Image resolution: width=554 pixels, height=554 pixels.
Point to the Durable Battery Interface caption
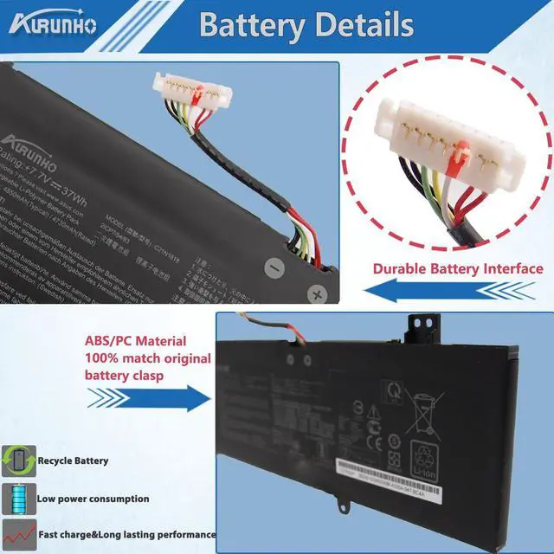click(458, 268)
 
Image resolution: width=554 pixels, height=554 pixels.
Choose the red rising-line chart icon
click(16, 533)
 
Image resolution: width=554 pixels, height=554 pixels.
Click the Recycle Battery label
click(72, 461)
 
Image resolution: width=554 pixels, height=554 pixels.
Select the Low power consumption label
click(93, 499)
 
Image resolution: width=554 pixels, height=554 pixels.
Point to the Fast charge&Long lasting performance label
click(126, 534)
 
